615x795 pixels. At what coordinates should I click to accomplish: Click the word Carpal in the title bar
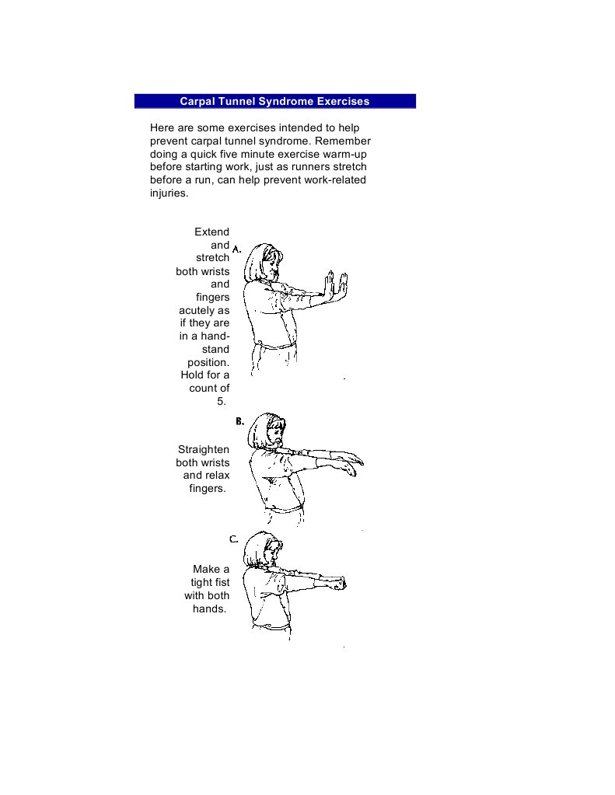197,101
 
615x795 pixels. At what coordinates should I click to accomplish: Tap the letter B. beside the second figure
240,421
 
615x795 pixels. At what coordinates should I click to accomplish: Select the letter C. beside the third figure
234,539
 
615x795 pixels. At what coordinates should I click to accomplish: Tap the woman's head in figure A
262,263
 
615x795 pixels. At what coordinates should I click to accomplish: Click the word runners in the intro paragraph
306,167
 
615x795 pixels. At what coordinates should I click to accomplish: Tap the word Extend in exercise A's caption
211,232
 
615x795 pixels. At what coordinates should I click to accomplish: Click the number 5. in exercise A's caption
222,402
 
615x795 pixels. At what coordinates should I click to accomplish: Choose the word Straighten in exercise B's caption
204,449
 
